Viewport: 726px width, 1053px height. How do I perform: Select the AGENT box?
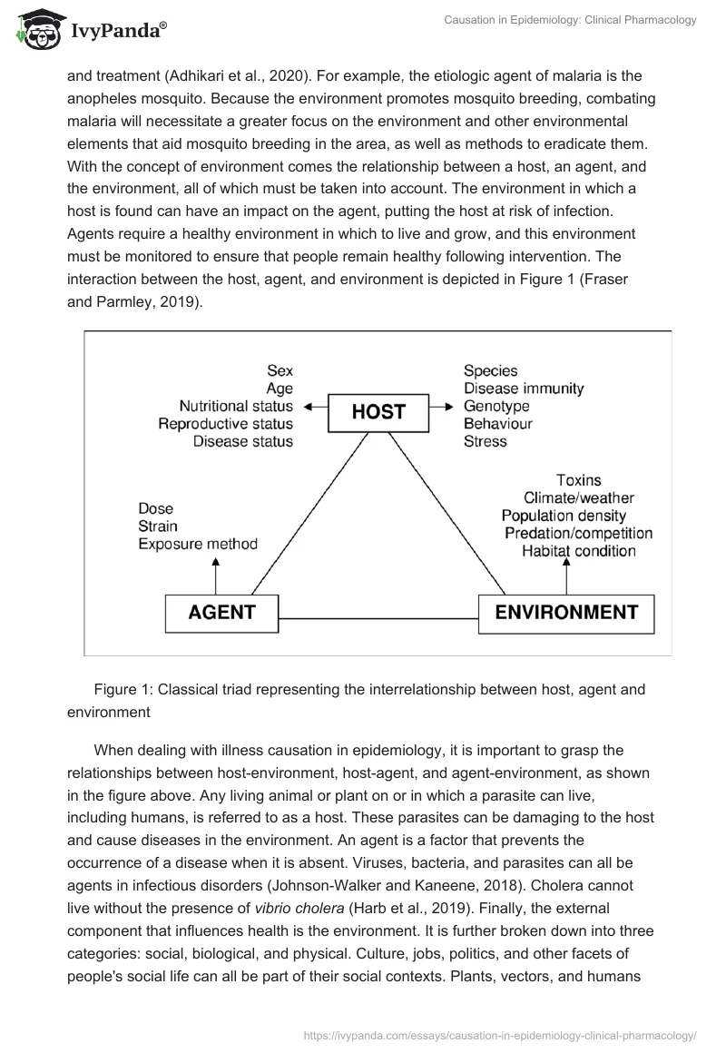coord(221,612)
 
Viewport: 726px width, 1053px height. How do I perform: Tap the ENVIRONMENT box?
coord(566,612)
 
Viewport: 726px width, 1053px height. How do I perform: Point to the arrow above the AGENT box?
coord(216,574)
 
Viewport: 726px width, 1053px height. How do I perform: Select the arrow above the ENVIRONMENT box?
coord(567,574)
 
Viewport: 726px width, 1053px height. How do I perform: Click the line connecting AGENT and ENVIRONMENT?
coord(378,618)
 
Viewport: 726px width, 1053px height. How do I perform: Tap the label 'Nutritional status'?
coord(236,406)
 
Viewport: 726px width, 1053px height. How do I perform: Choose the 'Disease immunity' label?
coord(524,389)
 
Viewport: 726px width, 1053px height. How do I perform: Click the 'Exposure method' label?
coord(198,544)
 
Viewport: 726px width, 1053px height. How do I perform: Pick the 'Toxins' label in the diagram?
coord(578,480)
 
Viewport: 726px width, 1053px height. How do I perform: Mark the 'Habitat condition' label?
coord(579,551)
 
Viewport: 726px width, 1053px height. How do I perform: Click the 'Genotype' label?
coord(496,406)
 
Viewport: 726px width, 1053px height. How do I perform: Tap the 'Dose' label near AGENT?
coord(155,508)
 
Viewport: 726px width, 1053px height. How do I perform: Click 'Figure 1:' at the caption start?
coord(125,689)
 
